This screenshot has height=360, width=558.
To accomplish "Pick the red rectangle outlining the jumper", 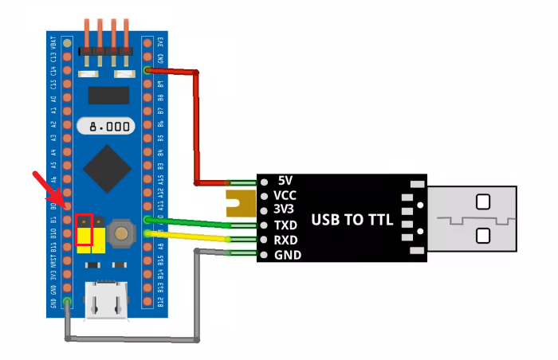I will click(84, 229).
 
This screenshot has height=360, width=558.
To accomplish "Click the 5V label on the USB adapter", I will click(286, 180).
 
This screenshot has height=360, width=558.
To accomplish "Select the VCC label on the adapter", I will click(285, 195).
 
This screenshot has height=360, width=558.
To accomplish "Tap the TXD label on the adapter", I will click(285, 225).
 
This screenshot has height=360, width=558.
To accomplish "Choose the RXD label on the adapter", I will click(285, 241).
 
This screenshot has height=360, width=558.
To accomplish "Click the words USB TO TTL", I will click(352, 219).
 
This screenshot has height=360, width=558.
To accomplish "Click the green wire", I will click(191, 223).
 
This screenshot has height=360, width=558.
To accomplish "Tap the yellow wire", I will click(191, 237).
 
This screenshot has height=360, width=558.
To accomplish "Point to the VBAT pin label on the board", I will click(53, 44).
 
